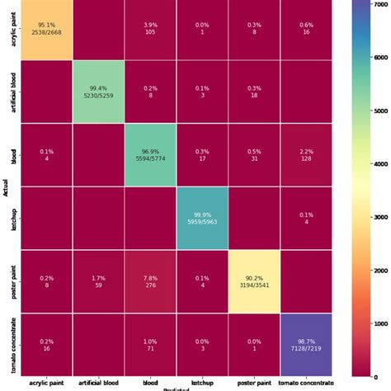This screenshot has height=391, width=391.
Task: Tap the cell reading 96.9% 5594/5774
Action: coord(150,153)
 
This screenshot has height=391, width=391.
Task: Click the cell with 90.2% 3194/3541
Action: coord(254,277)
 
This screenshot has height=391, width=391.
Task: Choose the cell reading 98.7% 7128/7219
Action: coord(306,339)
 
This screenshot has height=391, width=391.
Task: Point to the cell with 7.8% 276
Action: coord(150,277)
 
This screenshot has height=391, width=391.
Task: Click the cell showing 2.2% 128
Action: coord(306,153)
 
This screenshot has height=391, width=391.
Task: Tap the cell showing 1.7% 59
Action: coord(98,277)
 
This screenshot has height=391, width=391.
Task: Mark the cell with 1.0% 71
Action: coord(150,339)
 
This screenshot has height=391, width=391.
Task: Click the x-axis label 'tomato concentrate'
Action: coord(306,382)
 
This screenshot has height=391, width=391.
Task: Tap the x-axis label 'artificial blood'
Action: coord(98,382)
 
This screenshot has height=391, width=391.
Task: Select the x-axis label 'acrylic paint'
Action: coord(46,382)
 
